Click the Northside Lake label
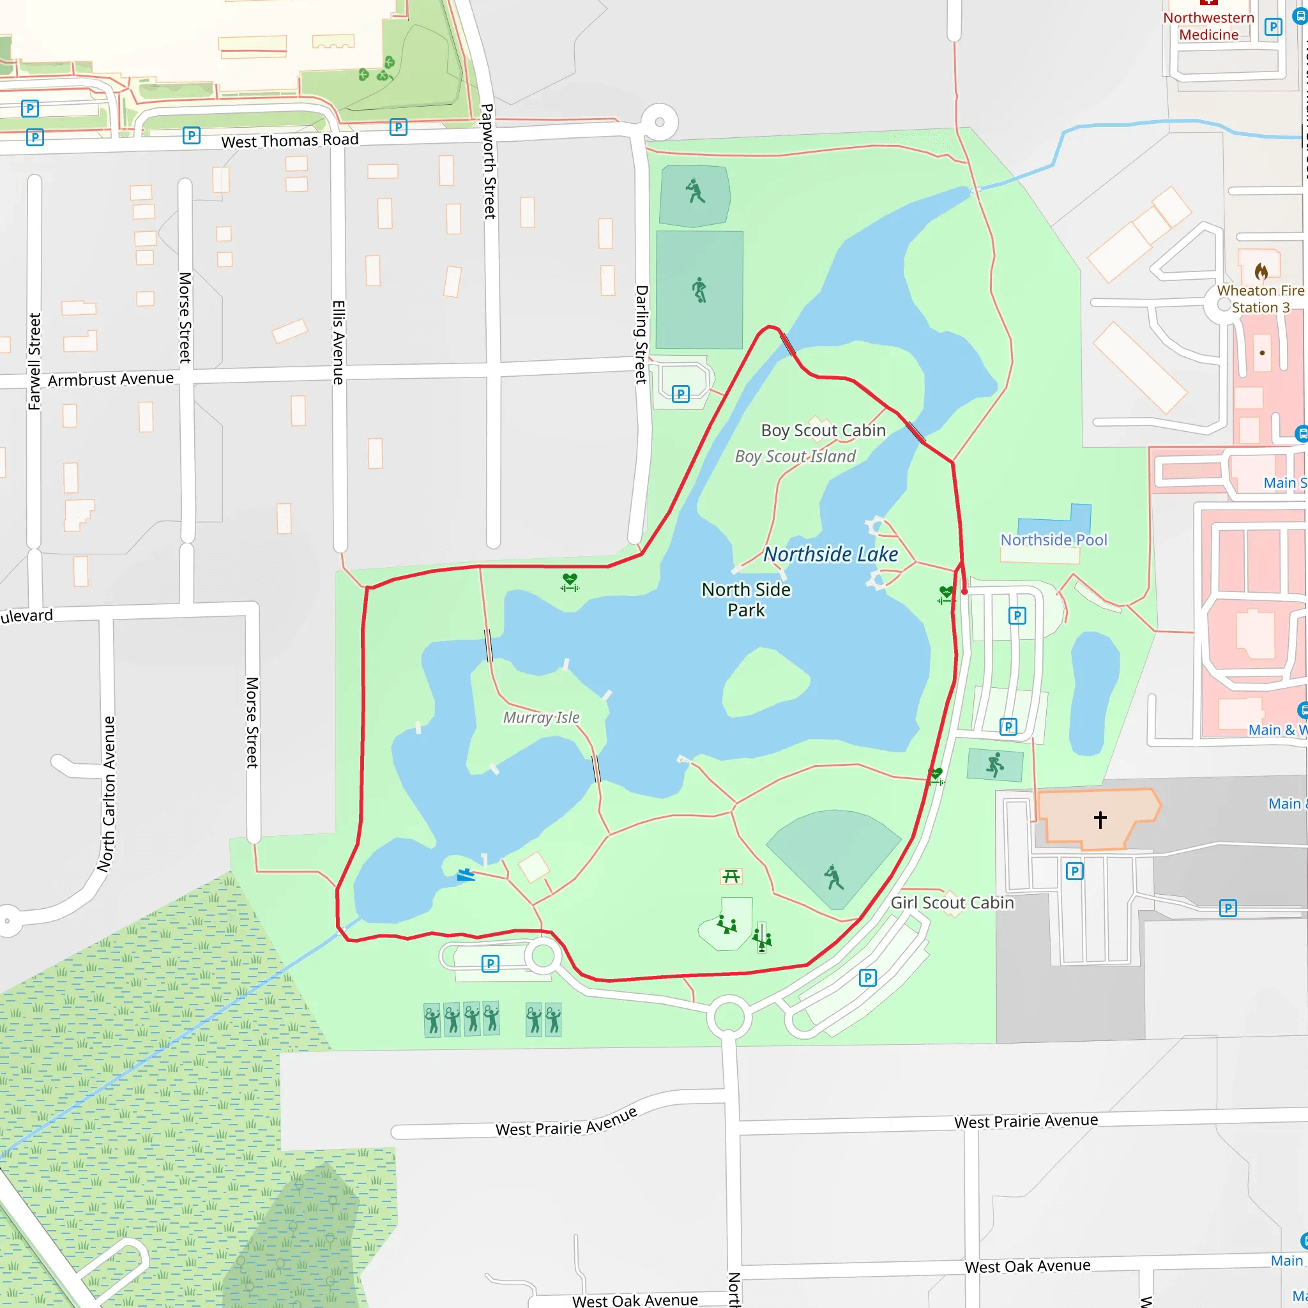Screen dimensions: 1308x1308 [830, 554]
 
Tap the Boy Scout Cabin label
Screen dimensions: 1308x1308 [823, 430]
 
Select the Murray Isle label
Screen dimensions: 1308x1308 [541, 718]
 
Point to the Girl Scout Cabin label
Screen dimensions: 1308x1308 [951, 902]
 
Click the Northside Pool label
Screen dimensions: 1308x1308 [1053, 540]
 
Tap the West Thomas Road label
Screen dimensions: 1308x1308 [290, 141]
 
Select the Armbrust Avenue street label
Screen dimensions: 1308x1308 [110, 379]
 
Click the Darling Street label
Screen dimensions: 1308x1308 [641, 335]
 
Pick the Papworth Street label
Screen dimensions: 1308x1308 [488, 161]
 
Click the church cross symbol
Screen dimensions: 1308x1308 [1100, 820]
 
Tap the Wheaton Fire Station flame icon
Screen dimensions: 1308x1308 [1261, 271]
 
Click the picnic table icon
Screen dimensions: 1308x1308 [731, 877]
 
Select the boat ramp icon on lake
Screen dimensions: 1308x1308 [465, 876]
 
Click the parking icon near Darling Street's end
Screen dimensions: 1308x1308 [680, 394]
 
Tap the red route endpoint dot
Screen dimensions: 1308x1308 [965, 591]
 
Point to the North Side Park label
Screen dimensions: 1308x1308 [745, 599]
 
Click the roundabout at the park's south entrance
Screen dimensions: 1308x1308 [729, 1016]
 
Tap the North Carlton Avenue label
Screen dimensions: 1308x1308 [106, 793]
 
